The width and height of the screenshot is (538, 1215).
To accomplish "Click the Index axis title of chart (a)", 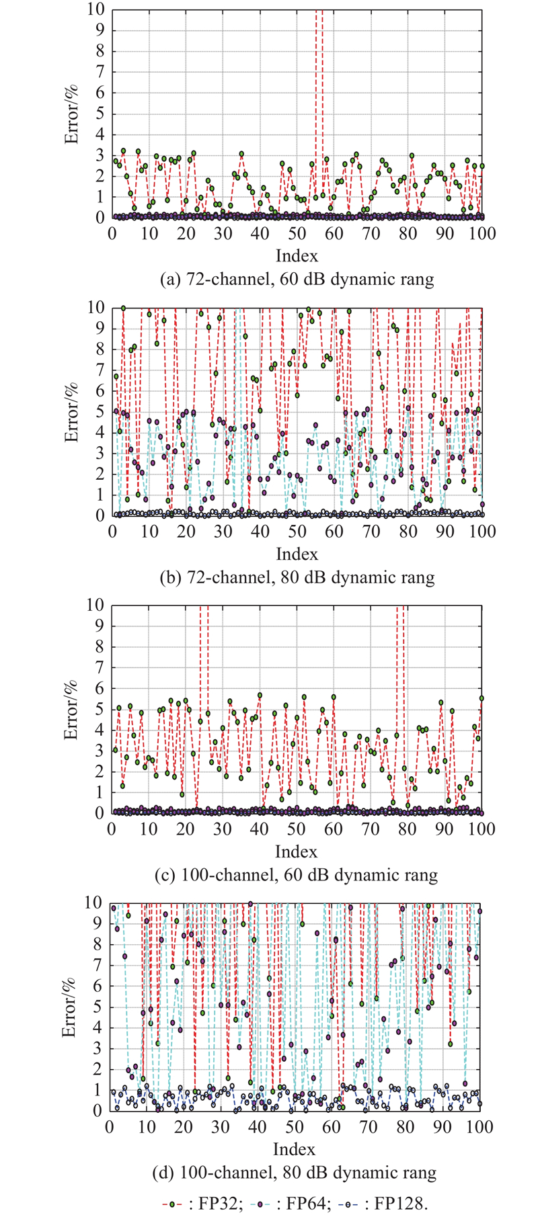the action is click(x=297, y=255).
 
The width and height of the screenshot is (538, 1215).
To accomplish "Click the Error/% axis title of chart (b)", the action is click(x=71, y=411).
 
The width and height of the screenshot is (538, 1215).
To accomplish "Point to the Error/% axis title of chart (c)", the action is click(x=71, y=709).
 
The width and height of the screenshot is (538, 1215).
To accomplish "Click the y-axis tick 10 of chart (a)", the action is click(x=97, y=9).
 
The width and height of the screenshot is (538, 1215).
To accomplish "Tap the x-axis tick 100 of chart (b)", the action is click(x=482, y=532).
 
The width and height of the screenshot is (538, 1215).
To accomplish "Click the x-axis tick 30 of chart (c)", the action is click(x=223, y=829).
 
